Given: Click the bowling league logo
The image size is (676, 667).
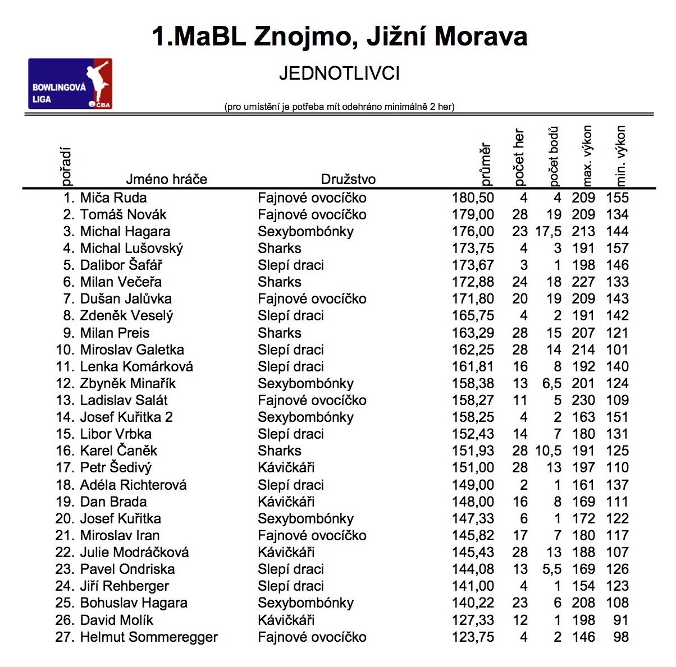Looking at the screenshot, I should click(70, 84).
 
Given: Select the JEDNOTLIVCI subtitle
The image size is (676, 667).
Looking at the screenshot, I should click(339, 73).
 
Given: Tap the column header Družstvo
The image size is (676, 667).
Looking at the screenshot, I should click(348, 180).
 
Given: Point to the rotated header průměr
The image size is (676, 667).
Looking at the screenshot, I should click(486, 164).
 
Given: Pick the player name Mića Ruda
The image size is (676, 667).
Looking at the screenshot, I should click(113, 198).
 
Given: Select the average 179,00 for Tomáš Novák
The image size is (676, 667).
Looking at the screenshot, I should click(473, 215).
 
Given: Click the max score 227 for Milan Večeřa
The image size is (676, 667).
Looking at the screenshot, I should click(583, 282).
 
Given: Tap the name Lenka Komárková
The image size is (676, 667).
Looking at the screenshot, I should click(136, 367).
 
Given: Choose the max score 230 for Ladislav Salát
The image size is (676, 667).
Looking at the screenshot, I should click(583, 401).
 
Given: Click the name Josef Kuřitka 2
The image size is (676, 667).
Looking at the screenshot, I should click(126, 417).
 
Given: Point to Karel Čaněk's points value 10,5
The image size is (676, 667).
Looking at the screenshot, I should click(549, 451).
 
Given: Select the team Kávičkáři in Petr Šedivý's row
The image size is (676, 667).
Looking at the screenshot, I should click(286, 468).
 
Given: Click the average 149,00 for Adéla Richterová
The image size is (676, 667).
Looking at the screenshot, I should click(473, 485).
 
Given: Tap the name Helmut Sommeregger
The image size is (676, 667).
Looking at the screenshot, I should click(149, 637).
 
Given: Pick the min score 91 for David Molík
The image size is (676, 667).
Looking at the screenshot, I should click(620, 620).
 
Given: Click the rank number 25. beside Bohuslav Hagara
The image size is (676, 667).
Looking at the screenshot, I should click(65, 603).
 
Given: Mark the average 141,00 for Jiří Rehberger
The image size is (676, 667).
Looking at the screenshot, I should click(473, 586).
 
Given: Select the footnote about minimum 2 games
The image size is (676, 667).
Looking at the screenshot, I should click(339, 107).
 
